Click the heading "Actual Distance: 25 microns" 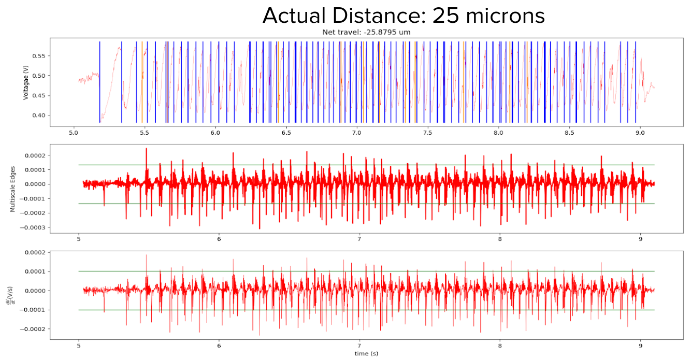point(404,16)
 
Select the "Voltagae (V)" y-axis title point(26,83)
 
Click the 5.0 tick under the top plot point(74,133)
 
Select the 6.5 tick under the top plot point(286,133)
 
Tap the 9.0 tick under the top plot point(640,133)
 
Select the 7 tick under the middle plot point(359,239)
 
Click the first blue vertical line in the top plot point(99,83)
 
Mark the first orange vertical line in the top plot point(142,83)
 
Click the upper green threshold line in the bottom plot point(363,271)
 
